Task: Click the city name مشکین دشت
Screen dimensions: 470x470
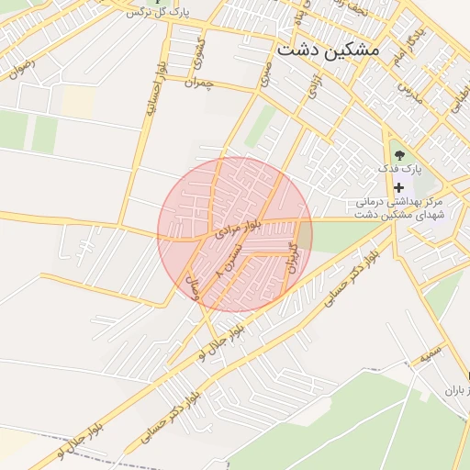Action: pos(327,50)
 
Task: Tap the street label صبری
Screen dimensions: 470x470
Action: pos(265,71)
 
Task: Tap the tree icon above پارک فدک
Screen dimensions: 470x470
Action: pos(398,153)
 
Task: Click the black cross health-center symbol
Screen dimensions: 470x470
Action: pos(398,187)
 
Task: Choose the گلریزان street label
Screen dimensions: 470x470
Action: pos(293,259)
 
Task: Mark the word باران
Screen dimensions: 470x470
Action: pos(456,391)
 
